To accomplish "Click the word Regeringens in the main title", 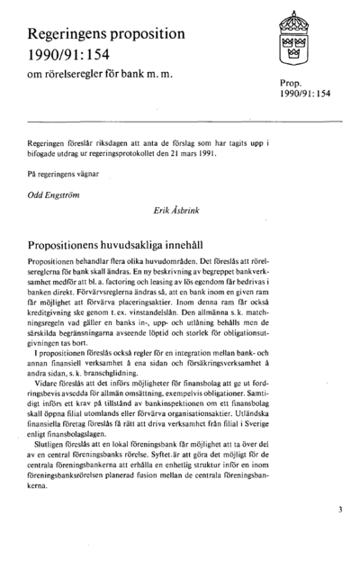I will [x=71, y=36].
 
